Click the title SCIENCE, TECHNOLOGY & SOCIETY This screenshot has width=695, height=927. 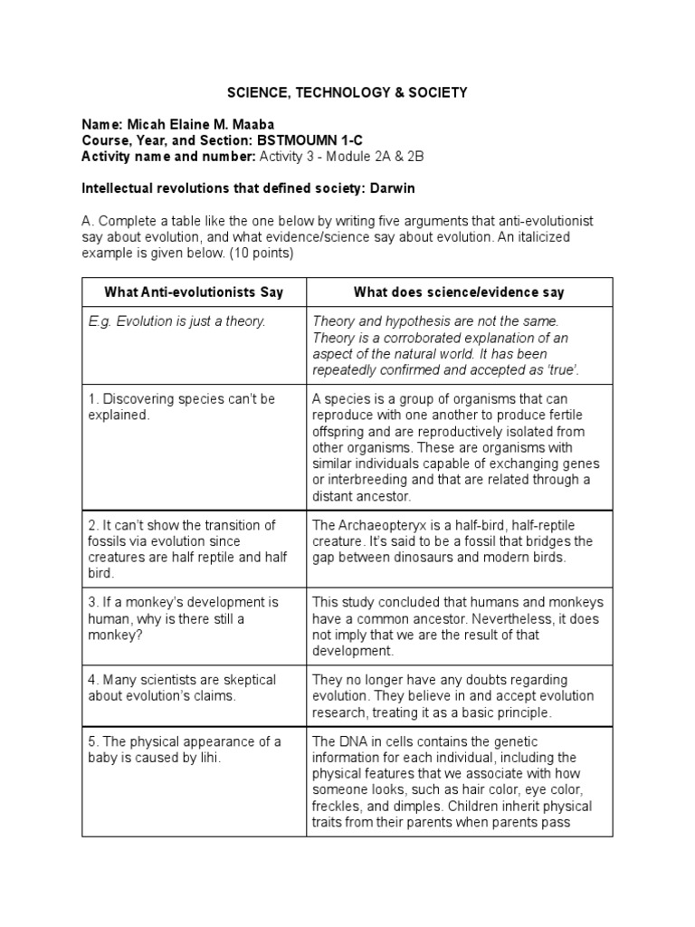(347, 92)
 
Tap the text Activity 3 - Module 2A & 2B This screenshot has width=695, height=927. (342, 157)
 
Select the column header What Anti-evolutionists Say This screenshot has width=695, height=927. (194, 291)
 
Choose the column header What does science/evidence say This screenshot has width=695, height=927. (459, 291)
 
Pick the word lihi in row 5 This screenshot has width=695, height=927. (206, 759)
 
